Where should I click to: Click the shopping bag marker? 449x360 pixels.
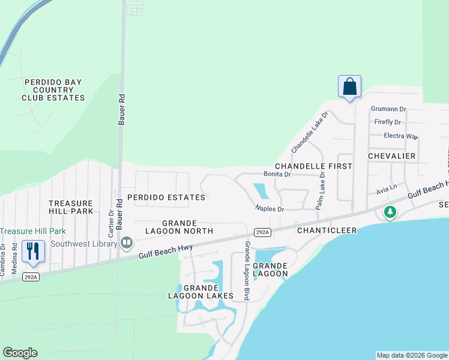[x=349, y=87]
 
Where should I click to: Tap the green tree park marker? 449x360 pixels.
[x=390, y=212]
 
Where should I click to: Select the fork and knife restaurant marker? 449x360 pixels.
[x=33, y=251]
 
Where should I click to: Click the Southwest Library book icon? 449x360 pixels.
[x=127, y=243]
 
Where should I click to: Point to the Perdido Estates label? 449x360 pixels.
[x=170, y=197]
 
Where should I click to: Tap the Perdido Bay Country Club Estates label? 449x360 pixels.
[x=53, y=90]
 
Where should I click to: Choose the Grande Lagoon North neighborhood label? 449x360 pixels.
[x=179, y=227]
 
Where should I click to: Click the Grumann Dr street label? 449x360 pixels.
[x=388, y=109]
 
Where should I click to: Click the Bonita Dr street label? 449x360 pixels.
[x=277, y=175]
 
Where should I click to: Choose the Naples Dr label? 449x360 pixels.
[x=269, y=209]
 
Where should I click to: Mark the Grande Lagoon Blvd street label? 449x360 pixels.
[x=247, y=271]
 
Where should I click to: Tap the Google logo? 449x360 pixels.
[x=20, y=353]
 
